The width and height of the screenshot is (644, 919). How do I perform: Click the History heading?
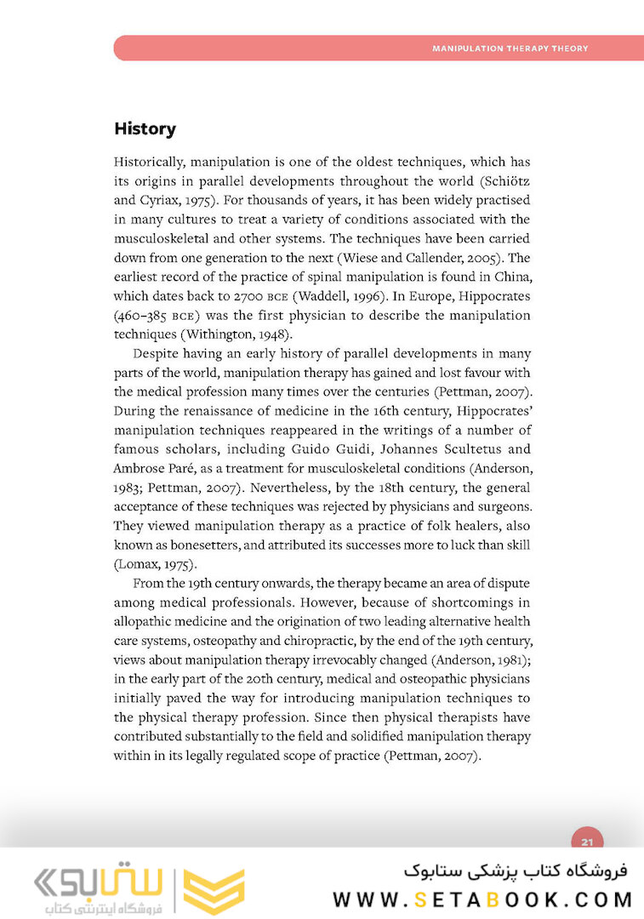145,129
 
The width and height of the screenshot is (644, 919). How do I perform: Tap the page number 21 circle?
586,842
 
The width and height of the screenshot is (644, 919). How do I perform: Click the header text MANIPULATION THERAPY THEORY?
510,49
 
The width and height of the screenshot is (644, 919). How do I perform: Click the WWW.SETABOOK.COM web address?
483,899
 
